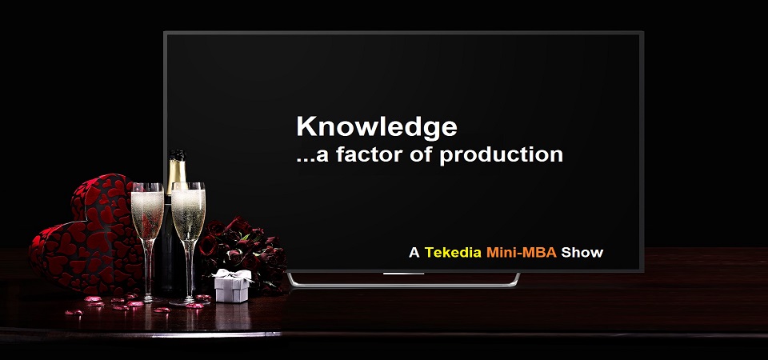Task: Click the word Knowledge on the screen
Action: (x=377, y=127)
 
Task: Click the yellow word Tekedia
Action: (x=453, y=253)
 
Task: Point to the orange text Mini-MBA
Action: (x=522, y=253)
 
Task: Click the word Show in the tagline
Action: (x=582, y=253)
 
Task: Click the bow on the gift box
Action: (x=233, y=274)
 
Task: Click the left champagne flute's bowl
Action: (x=147, y=211)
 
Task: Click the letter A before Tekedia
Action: (x=414, y=253)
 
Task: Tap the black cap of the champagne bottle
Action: (x=178, y=154)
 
